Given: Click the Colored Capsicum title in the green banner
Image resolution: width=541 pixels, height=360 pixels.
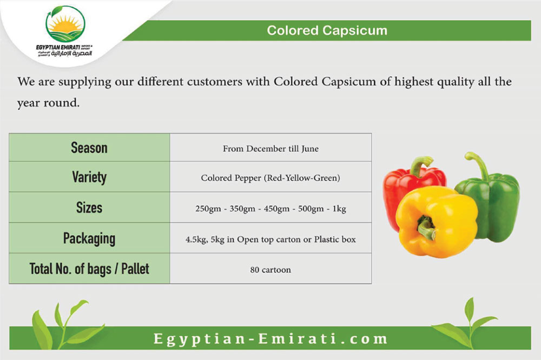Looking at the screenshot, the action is (327, 30).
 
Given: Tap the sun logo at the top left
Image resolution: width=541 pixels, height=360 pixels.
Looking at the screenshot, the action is (65, 24).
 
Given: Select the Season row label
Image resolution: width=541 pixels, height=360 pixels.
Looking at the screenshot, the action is (89, 148).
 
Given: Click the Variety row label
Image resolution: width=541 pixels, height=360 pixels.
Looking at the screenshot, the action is (89, 177).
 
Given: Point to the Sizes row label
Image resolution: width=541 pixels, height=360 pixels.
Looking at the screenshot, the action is (89, 208).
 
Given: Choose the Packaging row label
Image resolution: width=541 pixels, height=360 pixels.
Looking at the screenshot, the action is (89, 238).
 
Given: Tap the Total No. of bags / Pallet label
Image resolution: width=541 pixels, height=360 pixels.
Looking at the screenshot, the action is (89, 269).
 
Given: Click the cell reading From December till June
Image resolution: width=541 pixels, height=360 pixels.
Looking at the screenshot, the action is (271, 149).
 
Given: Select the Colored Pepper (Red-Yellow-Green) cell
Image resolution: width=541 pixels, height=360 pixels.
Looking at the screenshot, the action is (271, 178).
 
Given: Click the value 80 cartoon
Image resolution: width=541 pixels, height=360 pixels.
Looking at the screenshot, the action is (271, 270).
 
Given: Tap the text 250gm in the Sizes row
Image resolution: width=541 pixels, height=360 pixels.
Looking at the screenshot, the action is (208, 209).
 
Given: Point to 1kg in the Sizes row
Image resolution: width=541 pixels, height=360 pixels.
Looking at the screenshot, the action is (339, 209).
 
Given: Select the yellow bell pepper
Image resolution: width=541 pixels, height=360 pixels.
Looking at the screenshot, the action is (437, 222).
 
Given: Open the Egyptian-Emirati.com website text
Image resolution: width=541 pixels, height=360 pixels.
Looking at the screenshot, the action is (271, 338).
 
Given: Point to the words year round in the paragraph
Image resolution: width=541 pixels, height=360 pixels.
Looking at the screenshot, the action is (48, 103).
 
